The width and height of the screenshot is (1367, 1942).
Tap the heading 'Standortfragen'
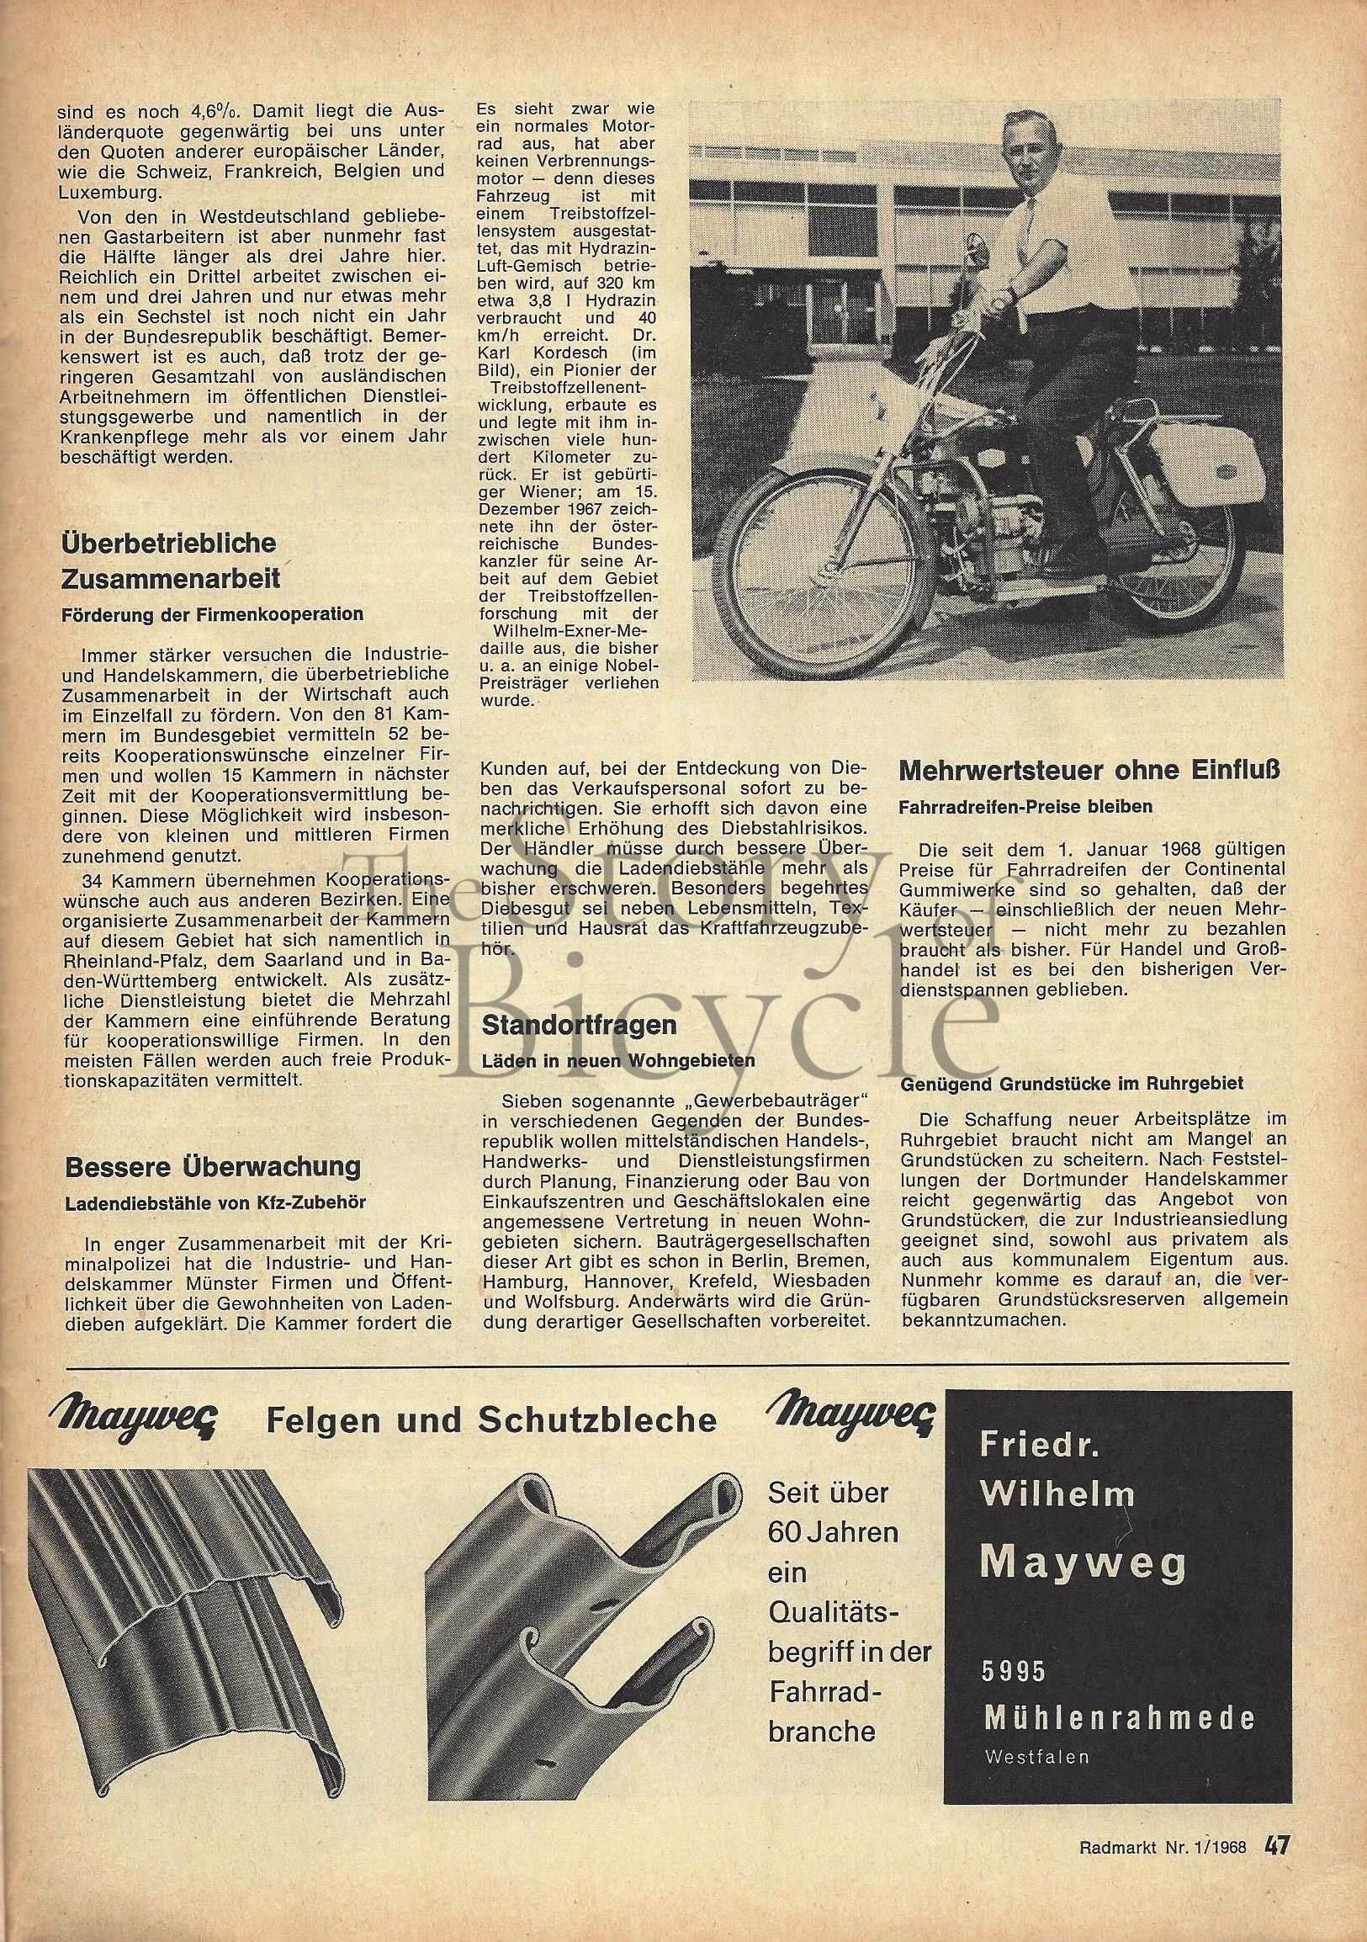579,1026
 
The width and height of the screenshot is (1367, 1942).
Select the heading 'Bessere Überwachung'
212,1167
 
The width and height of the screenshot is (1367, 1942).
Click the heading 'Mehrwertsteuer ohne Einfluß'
1089,771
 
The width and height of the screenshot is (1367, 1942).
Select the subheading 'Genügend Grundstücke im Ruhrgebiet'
1071,1083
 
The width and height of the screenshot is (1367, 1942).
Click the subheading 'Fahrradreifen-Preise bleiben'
1025,806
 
